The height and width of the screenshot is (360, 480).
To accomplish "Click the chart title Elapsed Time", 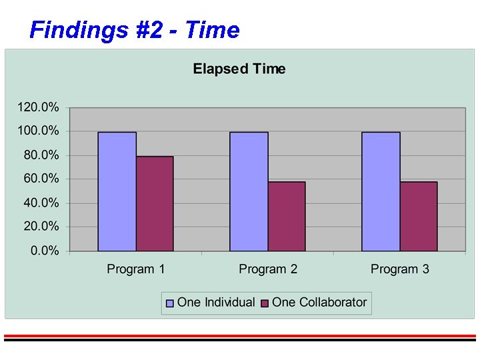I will [x=239, y=69].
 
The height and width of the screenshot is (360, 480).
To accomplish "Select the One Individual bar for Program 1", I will [x=117, y=191].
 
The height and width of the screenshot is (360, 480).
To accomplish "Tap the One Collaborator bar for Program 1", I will [x=155, y=203].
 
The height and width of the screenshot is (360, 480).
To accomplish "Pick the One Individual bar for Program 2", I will [x=249, y=191].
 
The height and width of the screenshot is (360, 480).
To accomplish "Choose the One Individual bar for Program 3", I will [x=381, y=191].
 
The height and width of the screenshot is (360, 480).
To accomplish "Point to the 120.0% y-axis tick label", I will [x=38, y=107].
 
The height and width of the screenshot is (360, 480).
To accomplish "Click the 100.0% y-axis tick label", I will [x=38, y=131].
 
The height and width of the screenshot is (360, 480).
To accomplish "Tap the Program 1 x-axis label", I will [x=136, y=269].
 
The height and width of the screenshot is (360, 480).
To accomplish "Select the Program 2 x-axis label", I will [x=268, y=269].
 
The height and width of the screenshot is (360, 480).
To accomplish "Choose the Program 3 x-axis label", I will [x=400, y=269].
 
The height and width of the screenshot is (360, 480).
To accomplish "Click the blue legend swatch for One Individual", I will [x=170, y=303].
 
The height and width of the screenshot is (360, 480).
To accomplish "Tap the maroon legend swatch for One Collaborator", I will [x=264, y=303].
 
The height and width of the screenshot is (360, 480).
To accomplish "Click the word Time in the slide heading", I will [x=212, y=30].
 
